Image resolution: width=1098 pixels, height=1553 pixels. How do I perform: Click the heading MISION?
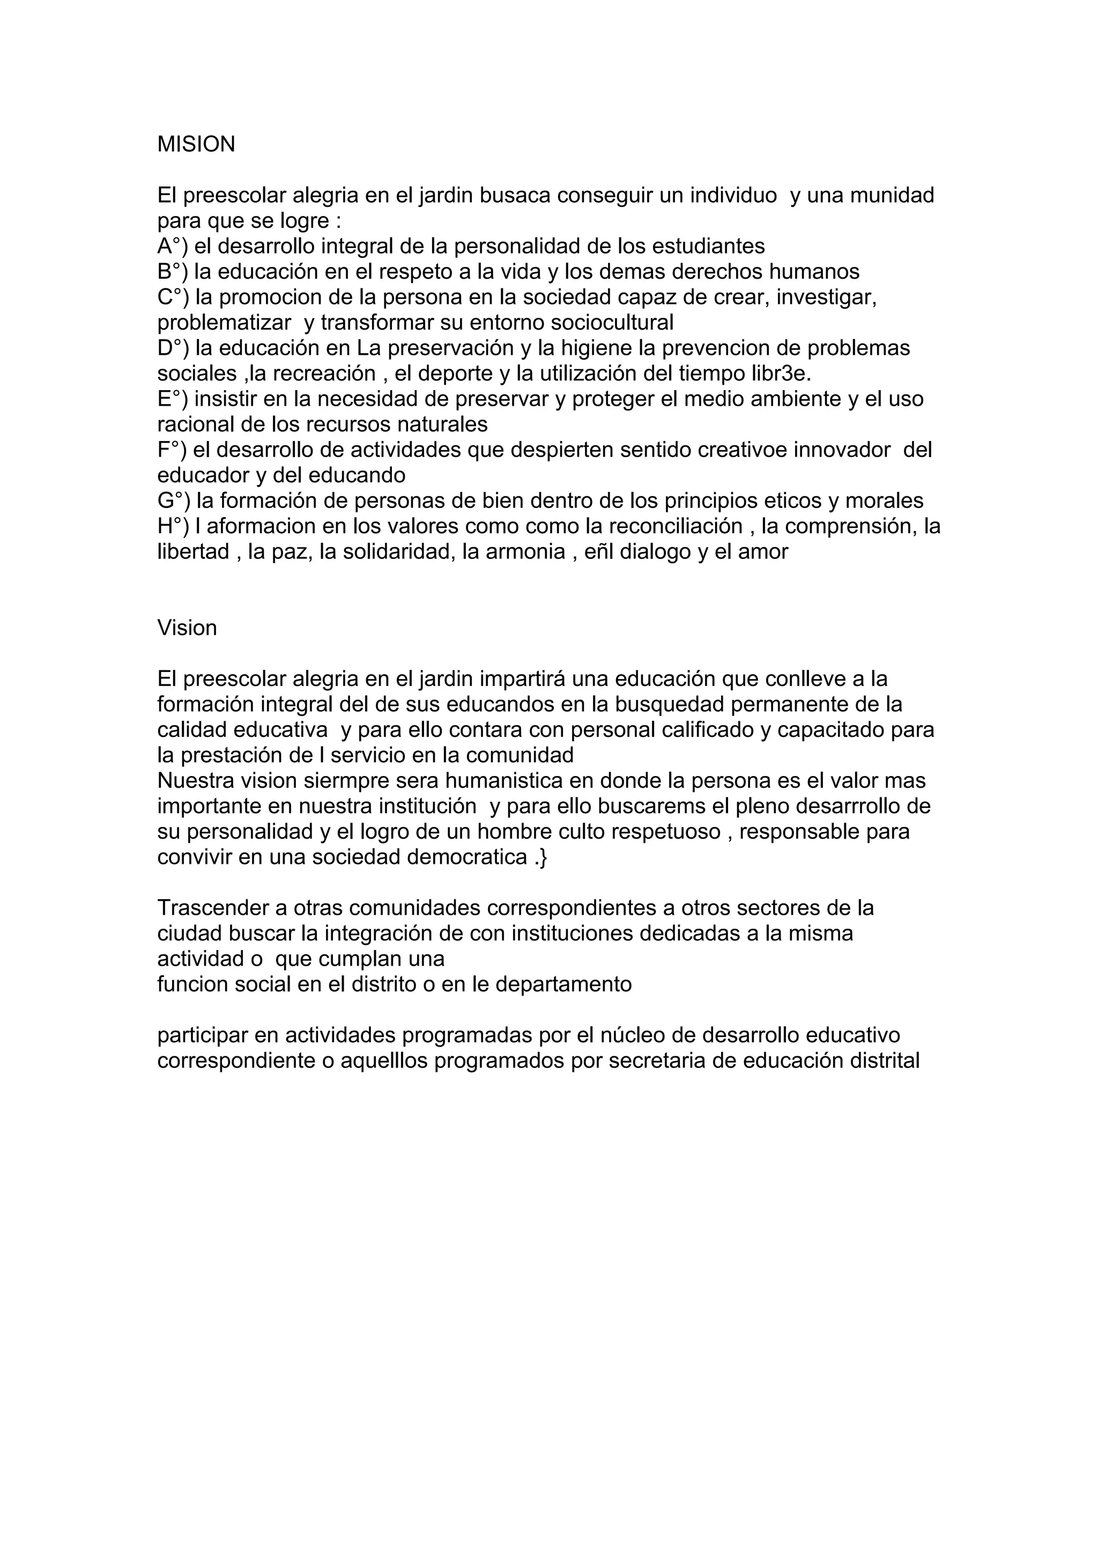pos(196,144)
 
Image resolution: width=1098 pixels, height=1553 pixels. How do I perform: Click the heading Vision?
pos(187,628)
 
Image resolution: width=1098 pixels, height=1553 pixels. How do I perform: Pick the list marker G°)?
pos(173,501)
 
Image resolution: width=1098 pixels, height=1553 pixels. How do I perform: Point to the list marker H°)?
pos(173,526)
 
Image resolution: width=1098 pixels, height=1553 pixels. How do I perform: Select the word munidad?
pos(892,196)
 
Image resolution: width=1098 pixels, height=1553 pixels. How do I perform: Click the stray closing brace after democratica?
pos(543,857)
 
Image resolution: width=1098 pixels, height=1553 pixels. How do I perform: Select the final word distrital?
pos(882,1061)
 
